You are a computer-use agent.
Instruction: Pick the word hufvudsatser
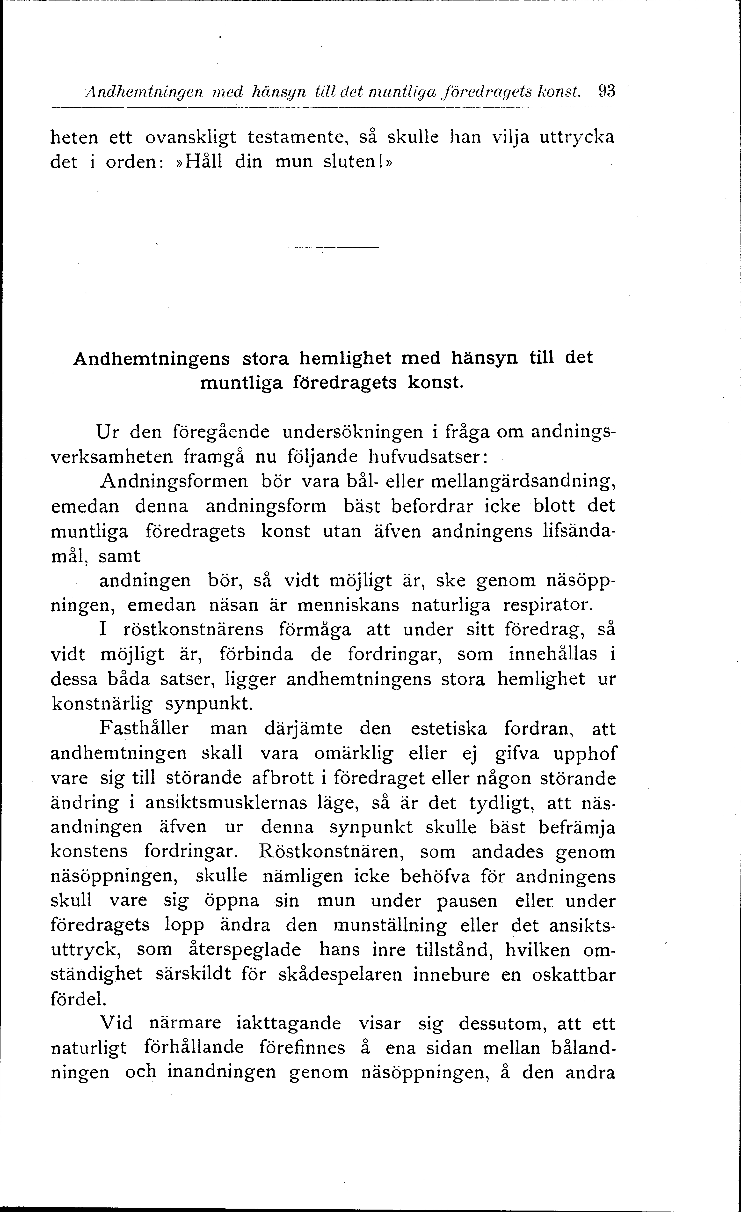tap(427, 457)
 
